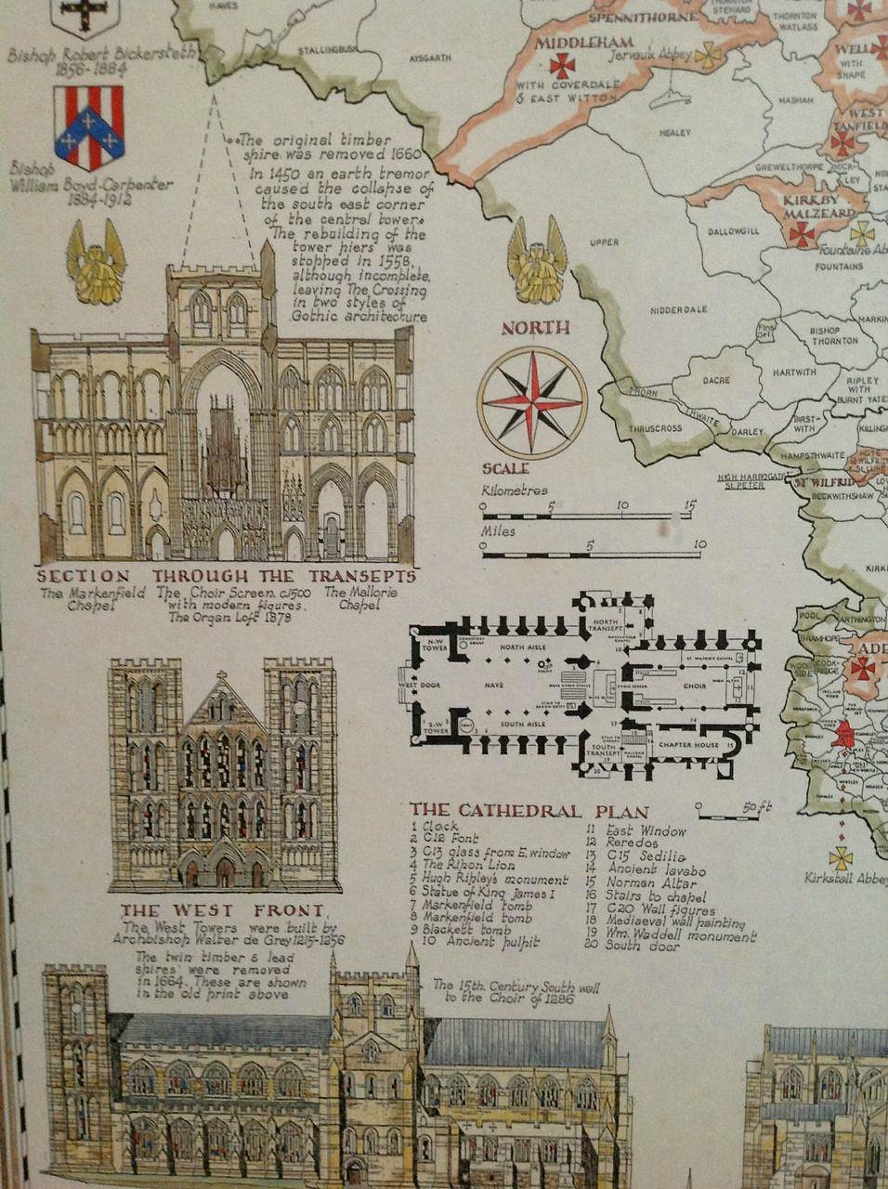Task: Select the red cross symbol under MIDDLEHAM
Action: pyautogui.click(x=561, y=65)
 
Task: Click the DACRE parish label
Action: pyautogui.click(x=716, y=381)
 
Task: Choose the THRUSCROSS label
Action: pyautogui.click(x=655, y=428)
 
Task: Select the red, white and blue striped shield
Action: pyautogui.click(x=88, y=128)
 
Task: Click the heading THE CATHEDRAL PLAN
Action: pyautogui.click(x=529, y=812)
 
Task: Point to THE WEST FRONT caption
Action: pyautogui.click(x=223, y=911)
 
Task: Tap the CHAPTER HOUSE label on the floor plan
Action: pyautogui.click(x=683, y=745)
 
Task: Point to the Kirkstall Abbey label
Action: pyautogui.click(x=845, y=878)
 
